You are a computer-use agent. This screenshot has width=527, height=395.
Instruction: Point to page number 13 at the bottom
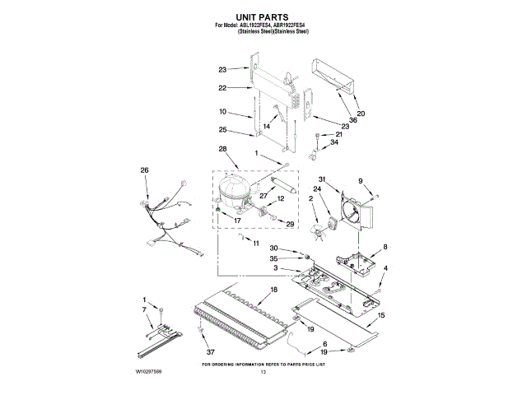click(263, 373)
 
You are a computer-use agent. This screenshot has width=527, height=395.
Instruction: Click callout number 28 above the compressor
click(222, 149)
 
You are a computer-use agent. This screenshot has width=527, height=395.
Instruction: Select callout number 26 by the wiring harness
click(145, 170)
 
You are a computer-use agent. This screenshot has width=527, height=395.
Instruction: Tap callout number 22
click(222, 87)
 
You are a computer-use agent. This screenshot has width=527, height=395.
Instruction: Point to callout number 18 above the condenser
click(273, 291)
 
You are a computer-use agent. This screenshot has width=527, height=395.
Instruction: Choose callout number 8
click(385, 247)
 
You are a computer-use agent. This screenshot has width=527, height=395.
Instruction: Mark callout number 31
click(323, 181)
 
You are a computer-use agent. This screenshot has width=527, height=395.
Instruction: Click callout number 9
click(360, 181)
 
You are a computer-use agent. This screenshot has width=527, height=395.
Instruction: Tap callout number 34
click(334, 142)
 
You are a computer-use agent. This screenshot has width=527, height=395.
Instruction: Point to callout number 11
click(254, 244)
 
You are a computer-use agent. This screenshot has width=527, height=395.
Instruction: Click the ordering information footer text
click(263, 363)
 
